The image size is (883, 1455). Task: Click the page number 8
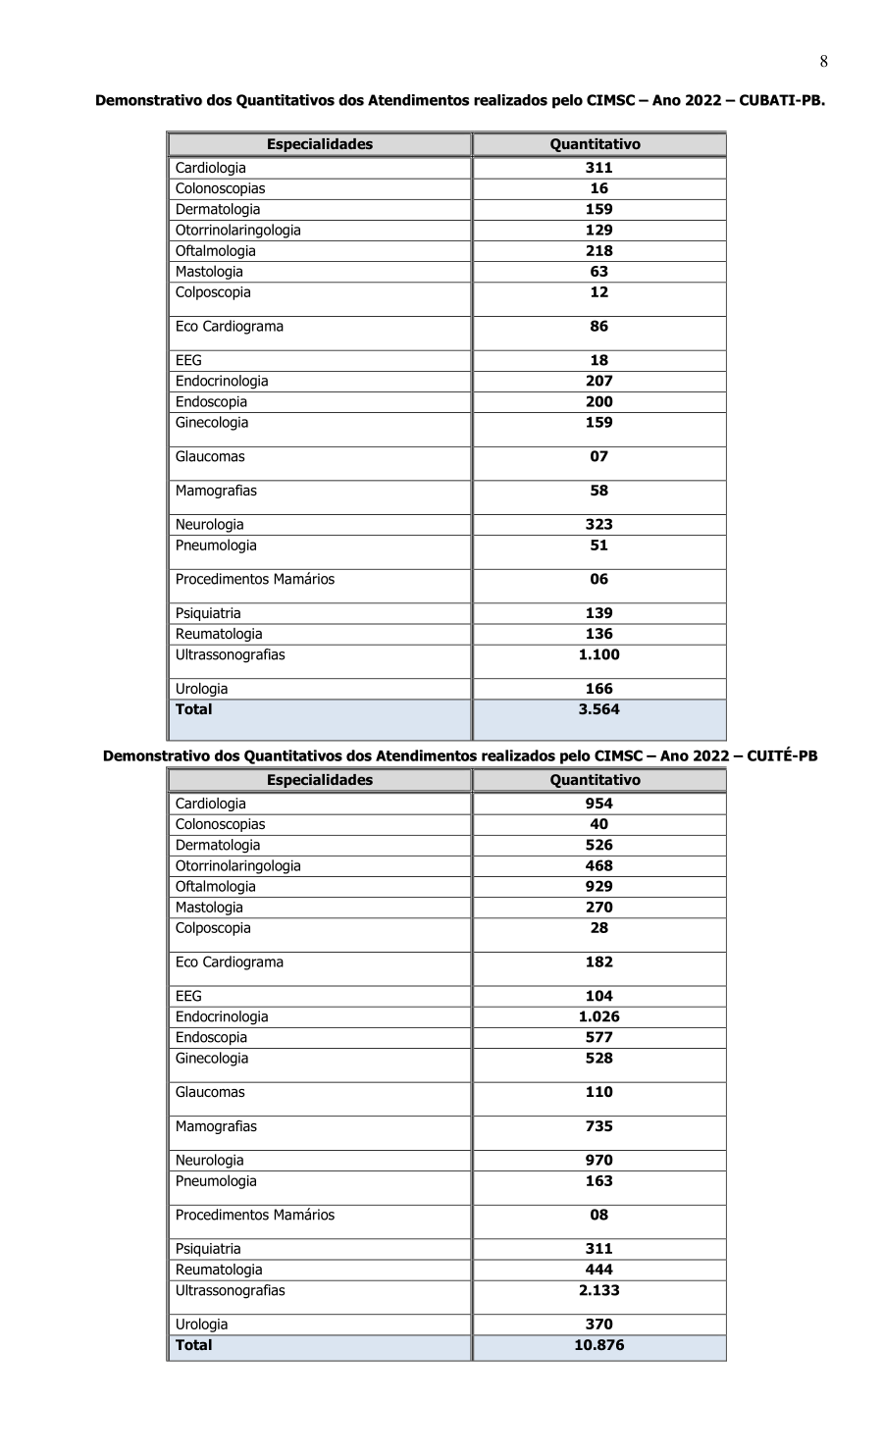pyautogui.click(x=823, y=62)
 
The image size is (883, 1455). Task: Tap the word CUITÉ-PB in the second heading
pyautogui.click(x=781, y=755)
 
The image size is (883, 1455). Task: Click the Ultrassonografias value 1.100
pyautogui.click(x=598, y=654)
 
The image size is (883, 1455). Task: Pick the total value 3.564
pyautogui.click(x=598, y=709)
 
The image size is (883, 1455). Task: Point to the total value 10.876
pyautogui.click(x=598, y=1345)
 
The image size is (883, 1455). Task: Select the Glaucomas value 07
pyautogui.click(x=598, y=456)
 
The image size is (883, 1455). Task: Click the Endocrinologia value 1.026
pyautogui.click(x=598, y=1016)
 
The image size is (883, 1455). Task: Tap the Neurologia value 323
pyautogui.click(x=598, y=525)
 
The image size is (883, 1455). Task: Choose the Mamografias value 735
pyautogui.click(x=598, y=1126)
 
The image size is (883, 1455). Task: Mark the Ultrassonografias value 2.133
pyautogui.click(x=598, y=1290)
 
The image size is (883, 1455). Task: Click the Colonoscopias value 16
pyautogui.click(x=598, y=188)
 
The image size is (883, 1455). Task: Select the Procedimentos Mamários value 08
pyautogui.click(x=598, y=1215)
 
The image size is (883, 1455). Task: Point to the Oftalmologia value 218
pyautogui.click(x=598, y=251)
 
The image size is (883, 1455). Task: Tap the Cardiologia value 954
pyautogui.click(x=598, y=804)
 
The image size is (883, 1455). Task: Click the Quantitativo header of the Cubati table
pyautogui.click(x=595, y=144)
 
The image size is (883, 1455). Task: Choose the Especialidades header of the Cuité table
pyautogui.click(x=320, y=780)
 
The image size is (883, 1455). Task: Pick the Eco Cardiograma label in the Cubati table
pyautogui.click(x=229, y=327)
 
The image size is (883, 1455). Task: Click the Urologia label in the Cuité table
pyautogui.click(x=201, y=1325)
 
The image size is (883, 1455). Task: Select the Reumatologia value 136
pyautogui.click(x=598, y=634)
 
